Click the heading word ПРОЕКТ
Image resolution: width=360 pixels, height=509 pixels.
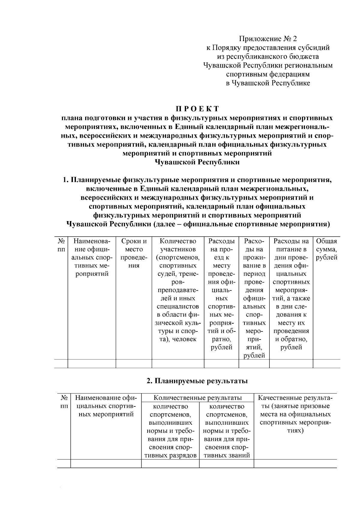[x=197, y=108]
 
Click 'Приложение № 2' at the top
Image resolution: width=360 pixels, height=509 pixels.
[x=268, y=39]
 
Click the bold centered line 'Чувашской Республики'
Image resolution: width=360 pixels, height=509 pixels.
[x=197, y=162]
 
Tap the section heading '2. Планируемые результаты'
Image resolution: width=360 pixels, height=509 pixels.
[x=197, y=381]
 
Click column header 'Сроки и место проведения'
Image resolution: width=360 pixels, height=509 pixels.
[x=134, y=253]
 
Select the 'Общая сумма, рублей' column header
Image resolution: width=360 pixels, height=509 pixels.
[x=326, y=249]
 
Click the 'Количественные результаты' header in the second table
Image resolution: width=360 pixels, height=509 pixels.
[x=197, y=398]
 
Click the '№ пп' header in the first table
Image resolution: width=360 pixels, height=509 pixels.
[x=61, y=245]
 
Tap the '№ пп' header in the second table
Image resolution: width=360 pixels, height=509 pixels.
[x=64, y=402]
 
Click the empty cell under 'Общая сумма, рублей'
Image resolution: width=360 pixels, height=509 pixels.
[x=326, y=364]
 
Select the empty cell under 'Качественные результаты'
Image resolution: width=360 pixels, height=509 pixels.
[x=295, y=463]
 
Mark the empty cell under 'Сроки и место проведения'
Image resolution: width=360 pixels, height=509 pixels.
[x=134, y=364]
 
